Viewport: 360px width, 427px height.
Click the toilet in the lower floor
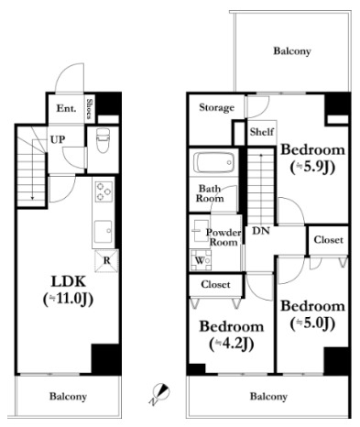point(103,140)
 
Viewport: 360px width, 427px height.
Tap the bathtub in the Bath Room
point(213,162)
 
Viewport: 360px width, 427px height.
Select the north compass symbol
point(160,394)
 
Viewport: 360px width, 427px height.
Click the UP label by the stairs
point(58,140)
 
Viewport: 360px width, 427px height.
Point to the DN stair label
point(261,231)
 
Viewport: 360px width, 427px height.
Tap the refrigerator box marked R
point(106,261)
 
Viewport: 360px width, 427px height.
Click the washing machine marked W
point(201,260)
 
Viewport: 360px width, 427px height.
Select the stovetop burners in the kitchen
point(104,192)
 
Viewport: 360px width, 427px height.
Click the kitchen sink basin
point(104,231)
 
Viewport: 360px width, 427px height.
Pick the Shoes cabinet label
point(89,108)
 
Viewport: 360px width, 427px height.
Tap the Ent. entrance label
point(66,108)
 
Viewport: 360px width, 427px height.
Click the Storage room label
point(217,107)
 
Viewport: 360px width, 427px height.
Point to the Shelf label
point(262,132)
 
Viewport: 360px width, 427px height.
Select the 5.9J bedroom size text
point(312,168)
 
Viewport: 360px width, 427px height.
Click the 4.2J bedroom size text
point(232,345)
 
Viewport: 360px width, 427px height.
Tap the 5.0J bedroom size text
point(312,323)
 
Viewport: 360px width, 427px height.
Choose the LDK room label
point(68,281)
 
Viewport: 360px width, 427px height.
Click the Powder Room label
point(224,237)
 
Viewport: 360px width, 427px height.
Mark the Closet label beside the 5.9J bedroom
point(329,240)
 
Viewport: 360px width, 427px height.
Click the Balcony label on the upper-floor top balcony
point(292,51)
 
